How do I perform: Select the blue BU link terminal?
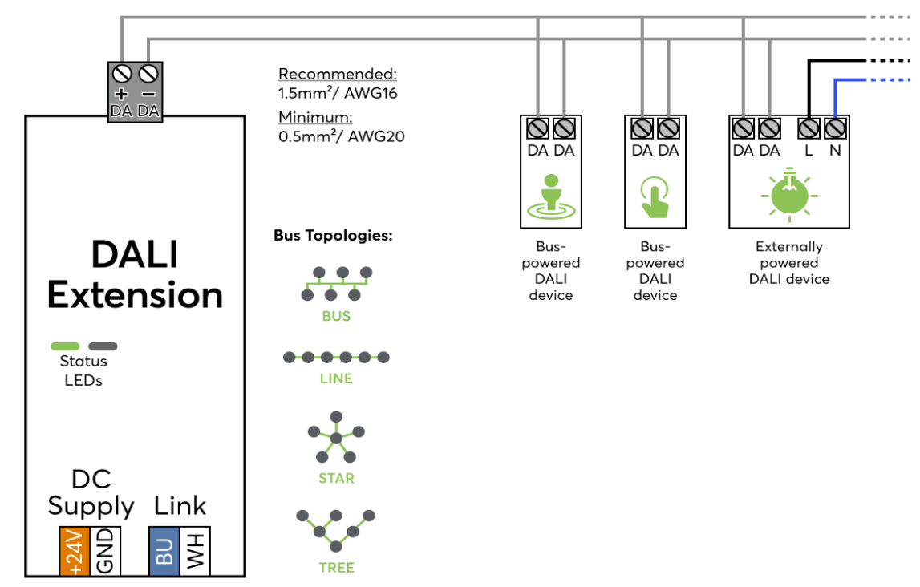coord(164,551)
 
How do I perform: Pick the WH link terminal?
coord(195,551)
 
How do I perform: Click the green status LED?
coord(65,346)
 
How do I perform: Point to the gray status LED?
coord(103,346)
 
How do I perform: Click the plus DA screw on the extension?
coord(122,74)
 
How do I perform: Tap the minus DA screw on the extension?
coord(148,74)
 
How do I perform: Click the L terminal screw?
coord(809,128)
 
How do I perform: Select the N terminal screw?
coord(835,128)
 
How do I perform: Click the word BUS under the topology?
coord(336,316)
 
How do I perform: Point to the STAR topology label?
coord(336,478)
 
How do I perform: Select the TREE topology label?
coord(336,567)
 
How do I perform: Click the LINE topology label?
coord(336,379)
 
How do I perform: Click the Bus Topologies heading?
coord(332,236)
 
